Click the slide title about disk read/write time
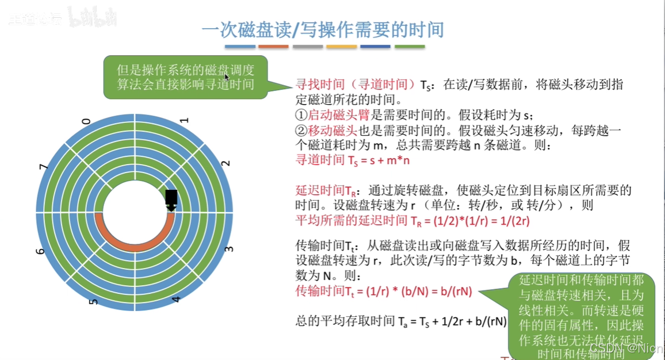(x=323, y=29)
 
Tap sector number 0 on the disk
(x=86, y=121)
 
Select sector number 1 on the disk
(x=184, y=121)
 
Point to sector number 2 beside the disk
(x=226, y=163)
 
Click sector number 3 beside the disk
(x=228, y=249)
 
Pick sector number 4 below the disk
(x=176, y=299)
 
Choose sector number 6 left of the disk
(x=40, y=251)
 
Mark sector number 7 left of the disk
(x=43, y=167)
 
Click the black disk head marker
(x=171, y=199)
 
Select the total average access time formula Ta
(x=401, y=321)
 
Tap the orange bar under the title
(x=273, y=47)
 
